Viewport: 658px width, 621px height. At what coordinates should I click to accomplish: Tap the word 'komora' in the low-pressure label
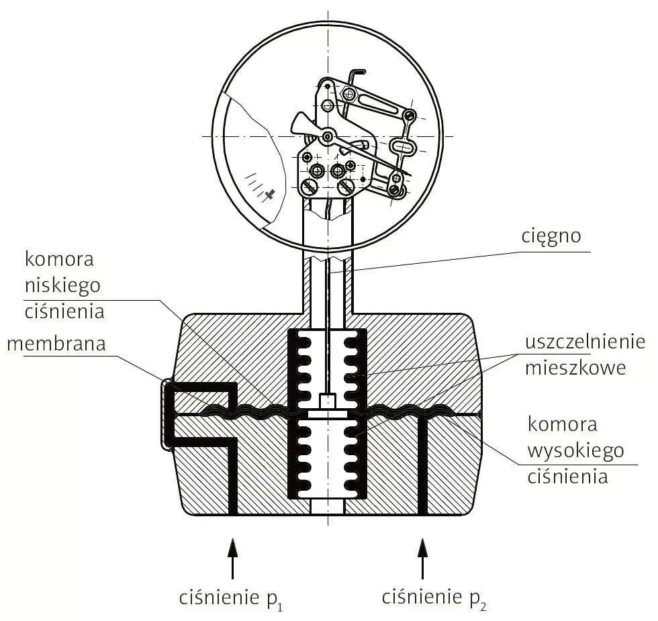tap(58, 259)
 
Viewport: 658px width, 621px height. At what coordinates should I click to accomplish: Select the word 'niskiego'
tap(62, 285)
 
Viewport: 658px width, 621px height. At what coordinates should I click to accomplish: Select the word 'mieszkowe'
tap(566, 368)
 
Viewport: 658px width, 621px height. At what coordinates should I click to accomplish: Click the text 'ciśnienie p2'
tap(433, 597)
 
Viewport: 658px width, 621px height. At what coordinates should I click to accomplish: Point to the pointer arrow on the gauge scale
tap(270, 194)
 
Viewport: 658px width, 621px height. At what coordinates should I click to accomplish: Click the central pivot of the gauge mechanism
tap(327, 137)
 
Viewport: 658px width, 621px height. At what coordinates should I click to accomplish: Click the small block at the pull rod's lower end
tap(327, 401)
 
